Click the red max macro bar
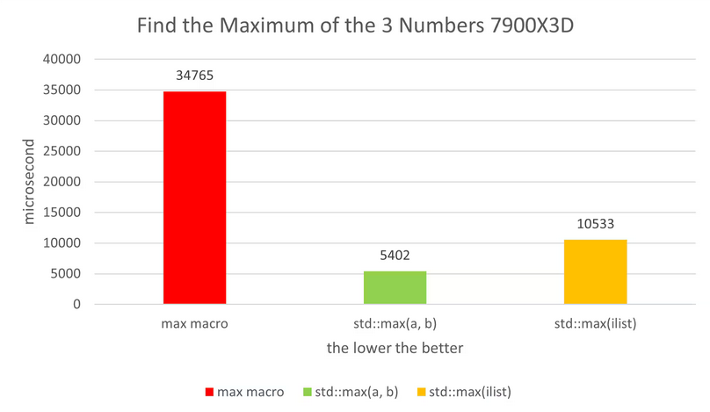(194, 198)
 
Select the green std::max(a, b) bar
(395, 287)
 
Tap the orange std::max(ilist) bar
(595, 271)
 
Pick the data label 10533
(595, 224)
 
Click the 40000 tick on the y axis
(63, 59)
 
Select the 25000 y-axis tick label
(63, 151)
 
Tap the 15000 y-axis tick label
(63, 213)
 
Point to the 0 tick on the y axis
(77, 304)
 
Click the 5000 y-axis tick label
(67, 274)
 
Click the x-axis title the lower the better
(395, 348)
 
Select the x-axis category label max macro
(194, 323)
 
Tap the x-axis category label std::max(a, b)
(395, 323)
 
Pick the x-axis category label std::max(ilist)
(595, 323)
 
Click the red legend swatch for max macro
(209, 391)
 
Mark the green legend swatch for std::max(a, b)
(307, 391)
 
